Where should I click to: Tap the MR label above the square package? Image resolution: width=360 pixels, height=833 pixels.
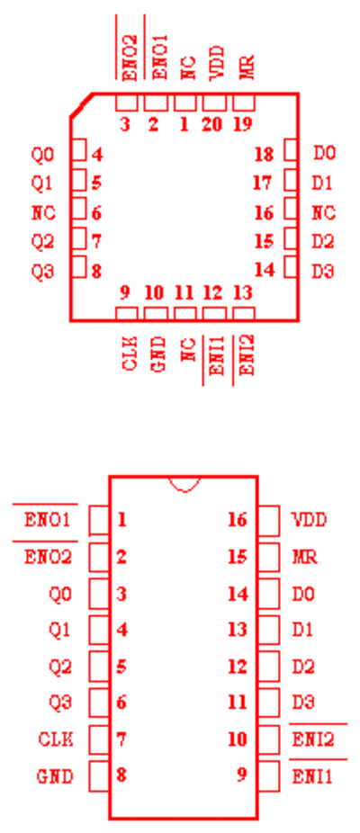point(247,67)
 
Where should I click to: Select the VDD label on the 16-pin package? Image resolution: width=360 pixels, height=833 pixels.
point(310,520)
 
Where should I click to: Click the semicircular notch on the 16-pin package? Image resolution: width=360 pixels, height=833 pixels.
point(184,484)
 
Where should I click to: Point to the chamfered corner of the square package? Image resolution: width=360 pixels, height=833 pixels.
point(81,105)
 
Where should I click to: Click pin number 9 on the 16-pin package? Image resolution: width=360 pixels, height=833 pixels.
point(242,775)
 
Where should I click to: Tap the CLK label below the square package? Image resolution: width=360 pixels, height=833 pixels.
point(130,354)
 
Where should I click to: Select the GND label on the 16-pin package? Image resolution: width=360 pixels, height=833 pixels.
point(55,776)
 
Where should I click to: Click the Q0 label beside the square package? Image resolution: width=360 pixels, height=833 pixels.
point(42,155)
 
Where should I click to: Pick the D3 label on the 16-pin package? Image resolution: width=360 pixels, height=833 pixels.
point(303,703)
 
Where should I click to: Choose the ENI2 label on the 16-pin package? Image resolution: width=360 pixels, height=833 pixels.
point(313,739)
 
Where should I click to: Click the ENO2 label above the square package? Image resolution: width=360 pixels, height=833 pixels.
point(130,58)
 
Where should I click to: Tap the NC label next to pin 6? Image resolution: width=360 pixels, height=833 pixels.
point(43,213)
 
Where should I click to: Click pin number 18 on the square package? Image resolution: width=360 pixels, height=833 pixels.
point(265,155)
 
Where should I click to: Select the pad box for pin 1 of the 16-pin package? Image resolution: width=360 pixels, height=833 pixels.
point(99,520)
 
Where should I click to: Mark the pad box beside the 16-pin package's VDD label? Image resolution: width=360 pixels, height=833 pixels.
point(268,520)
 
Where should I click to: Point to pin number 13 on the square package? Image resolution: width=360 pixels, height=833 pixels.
point(243,292)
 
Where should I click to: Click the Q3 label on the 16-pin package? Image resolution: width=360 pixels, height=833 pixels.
point(60,703)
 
